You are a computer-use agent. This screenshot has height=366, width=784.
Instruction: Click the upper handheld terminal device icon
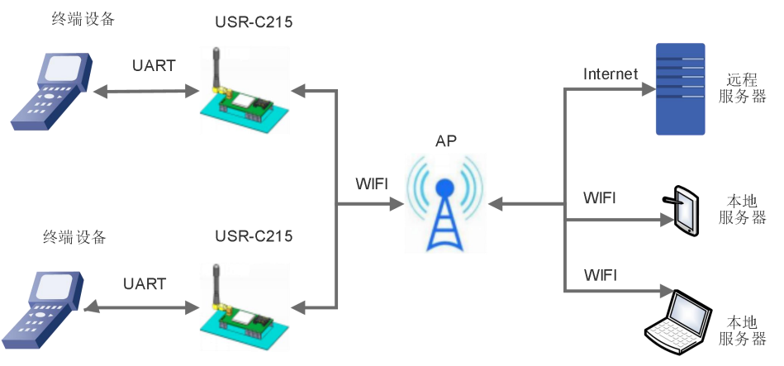[x=49, y=90]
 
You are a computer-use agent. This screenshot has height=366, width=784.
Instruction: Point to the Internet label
[x=611, y=74]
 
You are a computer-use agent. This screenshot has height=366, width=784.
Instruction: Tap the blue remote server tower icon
[x=680, y=89]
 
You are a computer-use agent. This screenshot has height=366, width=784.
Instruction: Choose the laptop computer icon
[x=679, y=321]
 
